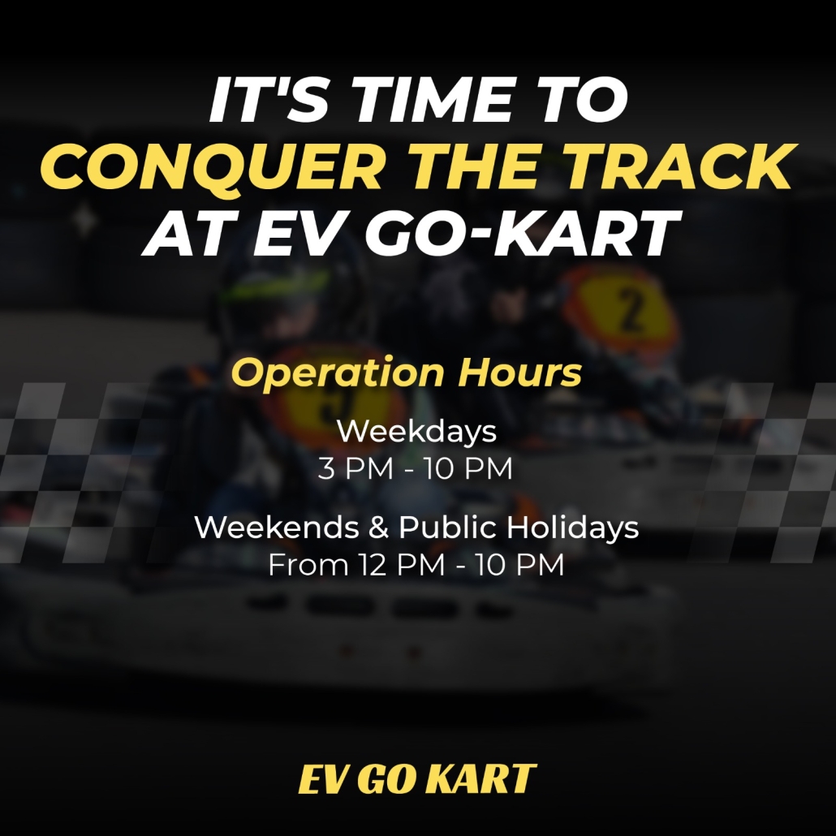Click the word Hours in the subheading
[x=519, y=372]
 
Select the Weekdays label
[x=417, y=431]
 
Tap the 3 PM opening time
[x=356, y=468]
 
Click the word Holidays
[x=572, y=528]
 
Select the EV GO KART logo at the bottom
[x=417, y=778]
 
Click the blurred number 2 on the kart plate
[x=632, y=310]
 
